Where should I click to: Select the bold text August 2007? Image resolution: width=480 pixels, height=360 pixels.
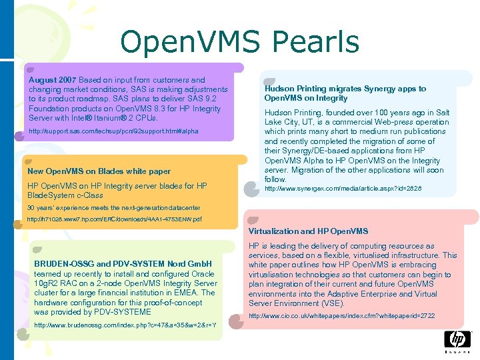(x=51, y=80)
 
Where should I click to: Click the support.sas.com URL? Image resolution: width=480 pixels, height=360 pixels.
(x=113, y=131)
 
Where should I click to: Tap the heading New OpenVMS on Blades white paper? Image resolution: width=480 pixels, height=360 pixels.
(x=99, y=171)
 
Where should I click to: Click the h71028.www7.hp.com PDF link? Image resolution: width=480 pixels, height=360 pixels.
(x=114, y=219)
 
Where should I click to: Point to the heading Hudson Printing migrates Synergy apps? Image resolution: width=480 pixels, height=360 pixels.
(x=345, y=93)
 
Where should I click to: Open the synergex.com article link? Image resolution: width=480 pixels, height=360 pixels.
(x=343, y=189)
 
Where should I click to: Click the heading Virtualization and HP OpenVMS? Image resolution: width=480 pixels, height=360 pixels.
(x=308, y=231)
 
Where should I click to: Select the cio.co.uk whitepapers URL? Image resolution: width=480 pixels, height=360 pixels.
(x=341, y=315)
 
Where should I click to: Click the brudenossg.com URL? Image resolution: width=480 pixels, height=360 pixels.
(x=125, y=325)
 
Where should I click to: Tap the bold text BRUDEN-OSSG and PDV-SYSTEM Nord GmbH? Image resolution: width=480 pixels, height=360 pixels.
(x=123, y=264)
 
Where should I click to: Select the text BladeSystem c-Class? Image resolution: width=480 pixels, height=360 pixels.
(x=65, y=195)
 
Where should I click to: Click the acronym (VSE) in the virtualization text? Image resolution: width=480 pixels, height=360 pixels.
(x=331, y=303)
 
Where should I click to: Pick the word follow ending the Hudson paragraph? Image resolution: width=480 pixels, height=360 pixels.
(x=275, y=179)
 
